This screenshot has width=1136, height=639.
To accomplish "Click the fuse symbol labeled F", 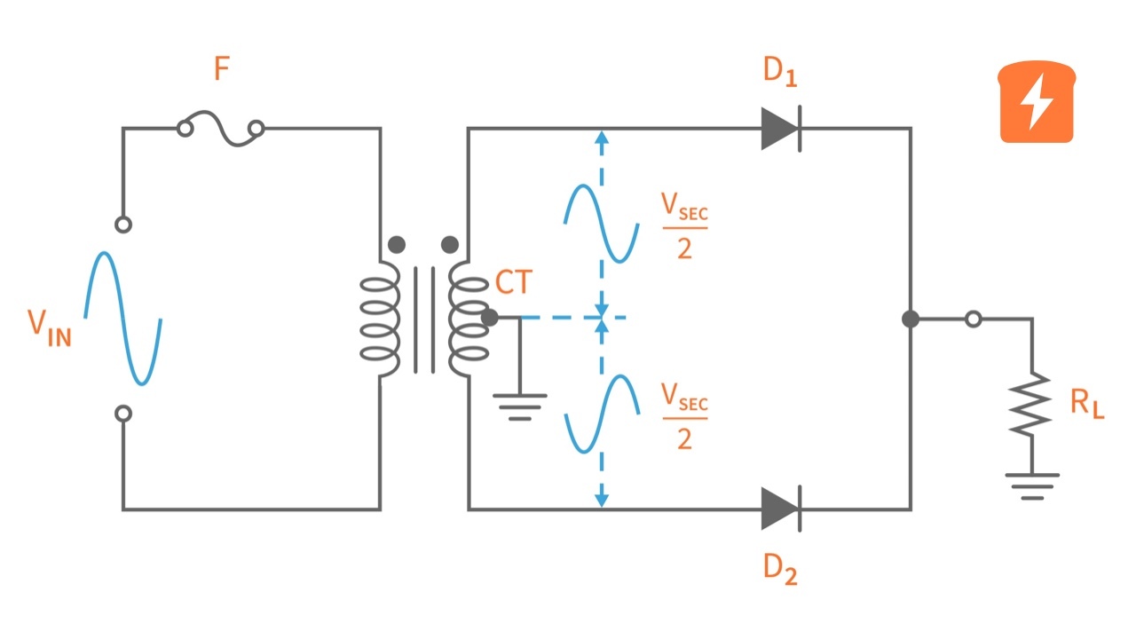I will [x=221, y=129].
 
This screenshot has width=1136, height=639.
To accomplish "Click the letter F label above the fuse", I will [x=222, y=70].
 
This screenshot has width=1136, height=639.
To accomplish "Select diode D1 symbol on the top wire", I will [x=781, y=129].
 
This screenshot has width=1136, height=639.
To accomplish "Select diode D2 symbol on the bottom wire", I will [x=781, y=509].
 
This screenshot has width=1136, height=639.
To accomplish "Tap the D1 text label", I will [x=780, y=72].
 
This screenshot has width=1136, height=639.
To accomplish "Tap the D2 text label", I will [x=780, y=569].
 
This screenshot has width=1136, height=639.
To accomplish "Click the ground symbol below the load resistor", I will [x=1031, y=485].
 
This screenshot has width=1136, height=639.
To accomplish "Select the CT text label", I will [x=514, y=283].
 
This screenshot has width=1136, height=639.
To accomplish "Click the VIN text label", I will [x=49, y=326].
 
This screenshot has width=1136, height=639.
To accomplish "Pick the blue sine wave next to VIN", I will [x=123, y=319].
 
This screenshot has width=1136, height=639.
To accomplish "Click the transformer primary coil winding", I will [x=380, y=319].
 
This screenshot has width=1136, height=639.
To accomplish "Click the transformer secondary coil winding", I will [x=469, y=319].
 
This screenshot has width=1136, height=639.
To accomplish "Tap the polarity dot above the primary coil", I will [x=397, y=244].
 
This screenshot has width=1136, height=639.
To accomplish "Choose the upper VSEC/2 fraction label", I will [x=684, y=226].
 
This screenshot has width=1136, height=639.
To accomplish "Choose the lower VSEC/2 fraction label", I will [x=684, y=416].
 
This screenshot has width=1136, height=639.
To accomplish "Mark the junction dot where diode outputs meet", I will [x=911, y=319].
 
